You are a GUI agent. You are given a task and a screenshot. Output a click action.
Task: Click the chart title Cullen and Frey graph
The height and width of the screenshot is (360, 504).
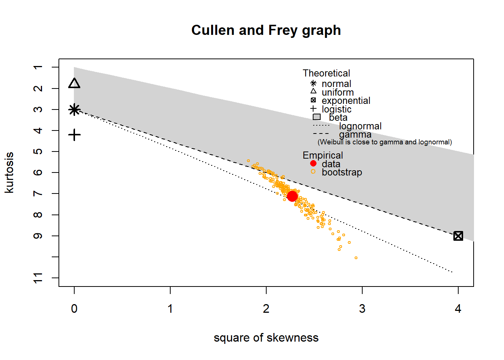tap(266, 30)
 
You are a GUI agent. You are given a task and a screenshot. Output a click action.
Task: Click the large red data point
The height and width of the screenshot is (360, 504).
tap(292, 196)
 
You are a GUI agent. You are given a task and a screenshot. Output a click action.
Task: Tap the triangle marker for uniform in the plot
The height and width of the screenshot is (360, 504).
tap(74, 83)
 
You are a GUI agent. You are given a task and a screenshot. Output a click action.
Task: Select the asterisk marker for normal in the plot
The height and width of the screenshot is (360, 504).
tap(74, 109)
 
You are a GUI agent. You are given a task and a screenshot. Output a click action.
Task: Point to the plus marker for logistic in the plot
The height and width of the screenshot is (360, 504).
tap(75, 135)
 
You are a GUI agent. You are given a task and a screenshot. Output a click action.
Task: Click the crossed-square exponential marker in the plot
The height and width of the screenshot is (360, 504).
tap(458, 236)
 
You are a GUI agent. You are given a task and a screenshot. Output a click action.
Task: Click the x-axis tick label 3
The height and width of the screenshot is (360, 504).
tap(362, 309)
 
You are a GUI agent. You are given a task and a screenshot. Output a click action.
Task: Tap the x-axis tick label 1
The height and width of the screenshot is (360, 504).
tap(170, 309)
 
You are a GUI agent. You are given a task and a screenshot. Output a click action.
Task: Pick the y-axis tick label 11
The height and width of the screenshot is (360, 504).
tap(38, 278)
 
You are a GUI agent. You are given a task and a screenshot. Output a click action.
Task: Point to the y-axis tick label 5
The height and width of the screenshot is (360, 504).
tap(38, 151)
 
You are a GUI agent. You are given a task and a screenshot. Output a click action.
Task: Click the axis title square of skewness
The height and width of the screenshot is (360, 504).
tap(266, 337)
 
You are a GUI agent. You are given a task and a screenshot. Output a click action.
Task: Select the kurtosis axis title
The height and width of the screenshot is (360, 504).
tap(9, 172)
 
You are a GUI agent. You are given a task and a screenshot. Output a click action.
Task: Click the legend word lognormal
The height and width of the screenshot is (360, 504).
tap(360, 126)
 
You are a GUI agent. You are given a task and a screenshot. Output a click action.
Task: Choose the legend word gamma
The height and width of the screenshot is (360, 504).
tap(355, 134)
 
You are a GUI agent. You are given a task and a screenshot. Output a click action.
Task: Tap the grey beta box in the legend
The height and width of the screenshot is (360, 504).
tap(316, 117)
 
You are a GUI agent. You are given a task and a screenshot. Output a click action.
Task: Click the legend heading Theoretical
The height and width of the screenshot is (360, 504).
tap(326, 73)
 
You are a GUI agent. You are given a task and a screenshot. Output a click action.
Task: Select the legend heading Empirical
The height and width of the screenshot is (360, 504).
tap(322, 155)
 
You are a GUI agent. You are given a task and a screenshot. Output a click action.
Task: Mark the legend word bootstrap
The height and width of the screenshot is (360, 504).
tap(342, 172)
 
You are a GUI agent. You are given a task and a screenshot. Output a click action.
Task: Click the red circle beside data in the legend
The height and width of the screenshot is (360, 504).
tap(313, 163)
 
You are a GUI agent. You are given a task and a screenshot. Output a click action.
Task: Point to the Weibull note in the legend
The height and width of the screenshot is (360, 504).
tap(384, 142)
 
